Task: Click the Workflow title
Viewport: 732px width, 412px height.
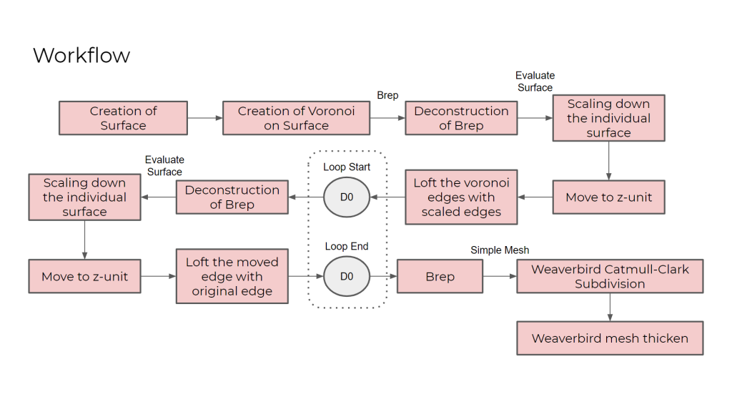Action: (81, 55)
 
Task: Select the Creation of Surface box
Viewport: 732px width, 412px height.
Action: (123, 118)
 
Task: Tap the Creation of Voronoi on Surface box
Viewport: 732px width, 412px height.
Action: (296, 118)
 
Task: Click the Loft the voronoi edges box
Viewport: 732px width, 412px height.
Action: (461, 197)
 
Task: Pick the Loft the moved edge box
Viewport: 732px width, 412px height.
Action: (232, 276)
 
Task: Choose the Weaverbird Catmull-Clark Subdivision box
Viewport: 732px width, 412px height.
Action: (610, 276)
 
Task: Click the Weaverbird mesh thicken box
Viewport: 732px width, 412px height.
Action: (610, 338)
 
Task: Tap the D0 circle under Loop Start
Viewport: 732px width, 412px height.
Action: (346, 197)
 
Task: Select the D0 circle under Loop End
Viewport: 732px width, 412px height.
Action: (346, 276)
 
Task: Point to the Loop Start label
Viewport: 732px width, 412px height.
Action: (347, 167)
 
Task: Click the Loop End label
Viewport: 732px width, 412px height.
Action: (347, 246)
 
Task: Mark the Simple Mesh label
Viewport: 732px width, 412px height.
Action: (500, 250)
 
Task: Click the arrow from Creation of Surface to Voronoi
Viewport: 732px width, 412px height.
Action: (204, 118)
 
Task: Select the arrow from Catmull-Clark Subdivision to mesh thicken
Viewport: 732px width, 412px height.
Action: (610, 307)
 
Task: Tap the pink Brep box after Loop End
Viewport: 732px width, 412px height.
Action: (440, 276)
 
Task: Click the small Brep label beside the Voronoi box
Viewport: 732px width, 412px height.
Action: (387, 95)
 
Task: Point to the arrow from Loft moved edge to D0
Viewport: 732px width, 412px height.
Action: (305, 276)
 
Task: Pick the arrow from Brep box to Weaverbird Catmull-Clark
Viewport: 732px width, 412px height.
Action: (500, 276)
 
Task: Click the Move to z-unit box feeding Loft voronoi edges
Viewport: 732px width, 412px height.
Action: (608, 197)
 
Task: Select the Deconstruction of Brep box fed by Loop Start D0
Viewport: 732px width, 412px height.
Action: (232, 197)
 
